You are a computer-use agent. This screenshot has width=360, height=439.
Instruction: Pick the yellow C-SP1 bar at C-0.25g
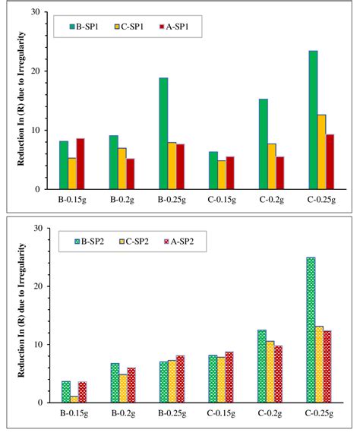(321, 152)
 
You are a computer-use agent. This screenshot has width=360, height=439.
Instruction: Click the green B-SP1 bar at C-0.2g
(263, 144)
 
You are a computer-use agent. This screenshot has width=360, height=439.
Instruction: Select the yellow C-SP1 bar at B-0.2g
(122, 169)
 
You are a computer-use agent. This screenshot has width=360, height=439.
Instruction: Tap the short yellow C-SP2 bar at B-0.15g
(73, 400)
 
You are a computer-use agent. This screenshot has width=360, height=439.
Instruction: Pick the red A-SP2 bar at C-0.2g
(278, 374)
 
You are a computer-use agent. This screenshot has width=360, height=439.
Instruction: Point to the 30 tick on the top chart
(36, 12)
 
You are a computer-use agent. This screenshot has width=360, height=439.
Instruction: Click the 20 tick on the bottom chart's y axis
(36, 286)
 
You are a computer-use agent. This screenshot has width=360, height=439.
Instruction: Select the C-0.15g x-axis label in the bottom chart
(221, 415)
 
